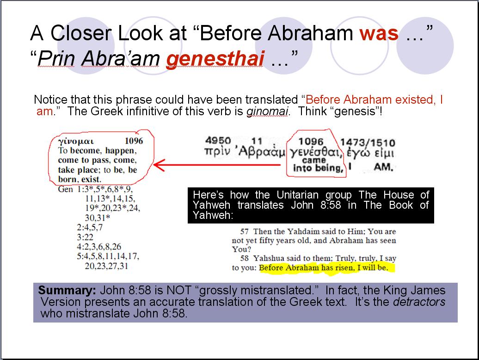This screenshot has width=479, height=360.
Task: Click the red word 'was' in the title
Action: pyautogui.click(x=379, y=34)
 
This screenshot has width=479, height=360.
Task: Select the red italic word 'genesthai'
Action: pyautogui.click(x=215, y=58)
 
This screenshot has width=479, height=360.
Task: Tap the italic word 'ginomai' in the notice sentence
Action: pyautogui.click(x=267, y=111)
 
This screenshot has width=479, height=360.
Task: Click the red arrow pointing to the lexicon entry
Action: pyautogui.click(x=217, y=165)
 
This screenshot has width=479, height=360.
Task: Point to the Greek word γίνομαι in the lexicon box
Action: pyautogui.click(x=76, y=142)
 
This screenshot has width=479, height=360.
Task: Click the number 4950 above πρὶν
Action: pyautogui.click(x=218, y=140)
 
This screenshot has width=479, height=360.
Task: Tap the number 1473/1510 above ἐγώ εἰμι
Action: pyautogui.click(x=368, y=143)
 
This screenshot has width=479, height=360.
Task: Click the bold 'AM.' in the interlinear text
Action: pyautogui.click(x=383, y=167)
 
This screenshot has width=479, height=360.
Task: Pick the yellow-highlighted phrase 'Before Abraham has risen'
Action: pyautogui.click(x=307, y=268)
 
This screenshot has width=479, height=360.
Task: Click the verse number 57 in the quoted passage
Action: pyautogui.click(x=245, y=231)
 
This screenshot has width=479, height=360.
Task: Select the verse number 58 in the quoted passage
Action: pyautogui.click(x=245, y=258)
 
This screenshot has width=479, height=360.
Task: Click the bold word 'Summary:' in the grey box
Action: pyautogui.click(x=67, y=290)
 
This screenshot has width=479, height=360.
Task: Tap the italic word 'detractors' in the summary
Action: pyautogui.click(x=419, y=302)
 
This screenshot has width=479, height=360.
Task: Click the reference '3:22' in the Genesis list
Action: pyautogui.click(x=85, y=237)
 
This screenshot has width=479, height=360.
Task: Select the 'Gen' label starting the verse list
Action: pyautogui.click(x=65, y=189)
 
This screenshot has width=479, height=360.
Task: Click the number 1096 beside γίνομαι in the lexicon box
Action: pyautogui.click(x=134, y=141)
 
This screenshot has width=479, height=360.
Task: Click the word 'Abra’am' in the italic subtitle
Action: pyautogui.click(x=120, y=58)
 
